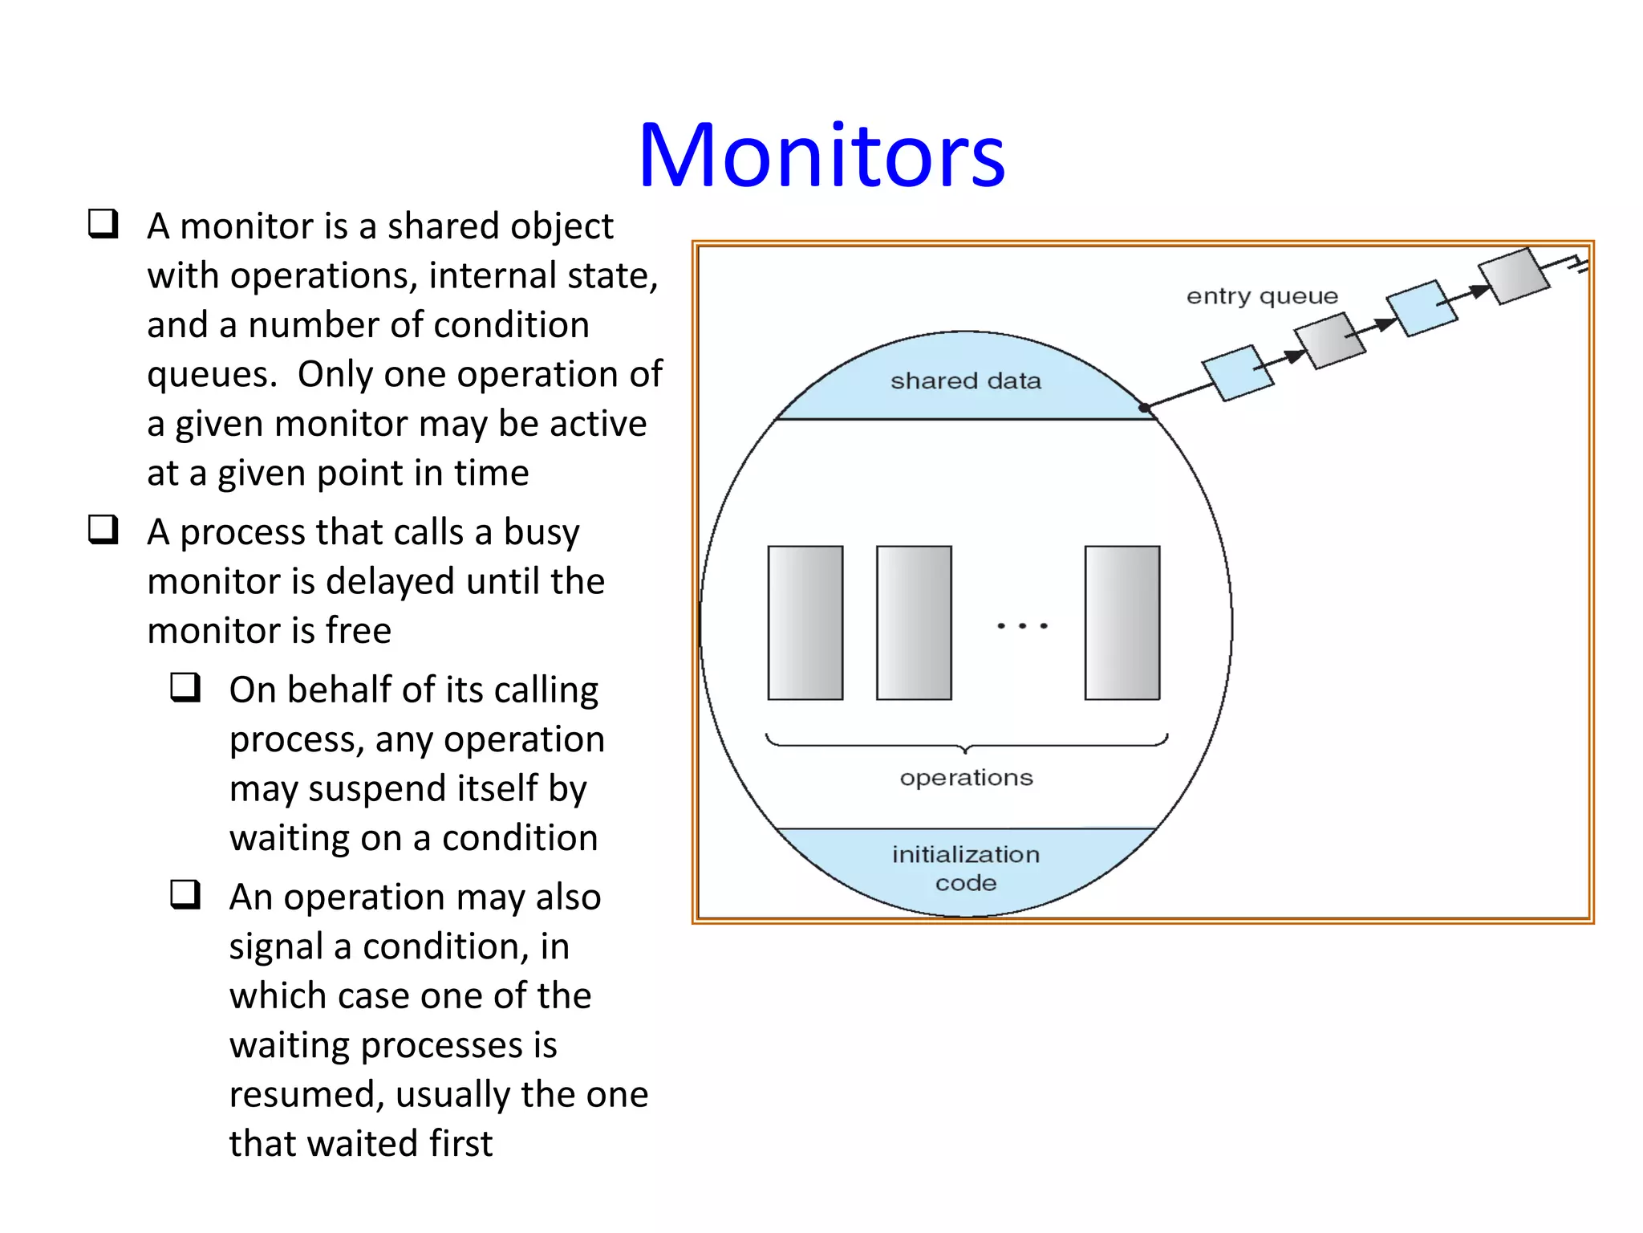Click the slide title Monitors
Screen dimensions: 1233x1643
pos(821,155)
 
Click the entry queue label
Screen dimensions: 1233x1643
pos(1262,296)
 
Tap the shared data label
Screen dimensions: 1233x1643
pos(965,380)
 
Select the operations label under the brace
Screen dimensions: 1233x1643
pos(966,777)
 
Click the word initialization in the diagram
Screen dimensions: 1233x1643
pos(965,854)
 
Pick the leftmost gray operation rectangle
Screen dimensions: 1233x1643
pos(805,623)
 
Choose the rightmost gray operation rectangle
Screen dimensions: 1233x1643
pos(1122,623)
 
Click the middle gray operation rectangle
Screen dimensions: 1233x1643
pos(914,623)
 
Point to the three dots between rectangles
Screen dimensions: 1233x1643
pos(1022,625)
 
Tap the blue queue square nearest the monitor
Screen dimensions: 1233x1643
pos(1237,373)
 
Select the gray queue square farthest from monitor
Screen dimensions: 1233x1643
pos(1513,276)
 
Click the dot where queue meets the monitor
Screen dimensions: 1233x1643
pos(1144,408)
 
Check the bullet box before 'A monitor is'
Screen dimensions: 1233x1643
pos(103,223)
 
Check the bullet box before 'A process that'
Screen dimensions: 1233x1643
pos(103,529)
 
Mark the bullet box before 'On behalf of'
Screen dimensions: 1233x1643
pos(185,687)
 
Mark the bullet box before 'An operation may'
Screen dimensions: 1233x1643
pos(185,893)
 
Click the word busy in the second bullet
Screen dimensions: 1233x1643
pos(541,532)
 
